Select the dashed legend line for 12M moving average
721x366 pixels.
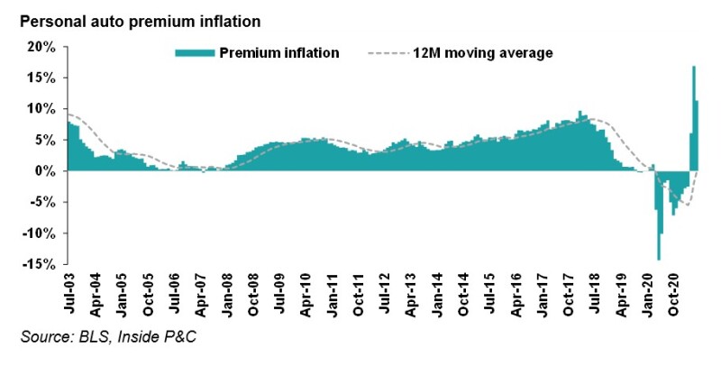point(389,53)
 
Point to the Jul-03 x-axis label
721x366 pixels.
point(72,295)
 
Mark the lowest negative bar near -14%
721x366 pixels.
point(659,259)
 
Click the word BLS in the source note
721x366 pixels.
point(90,338)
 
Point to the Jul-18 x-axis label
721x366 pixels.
point(595,295)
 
